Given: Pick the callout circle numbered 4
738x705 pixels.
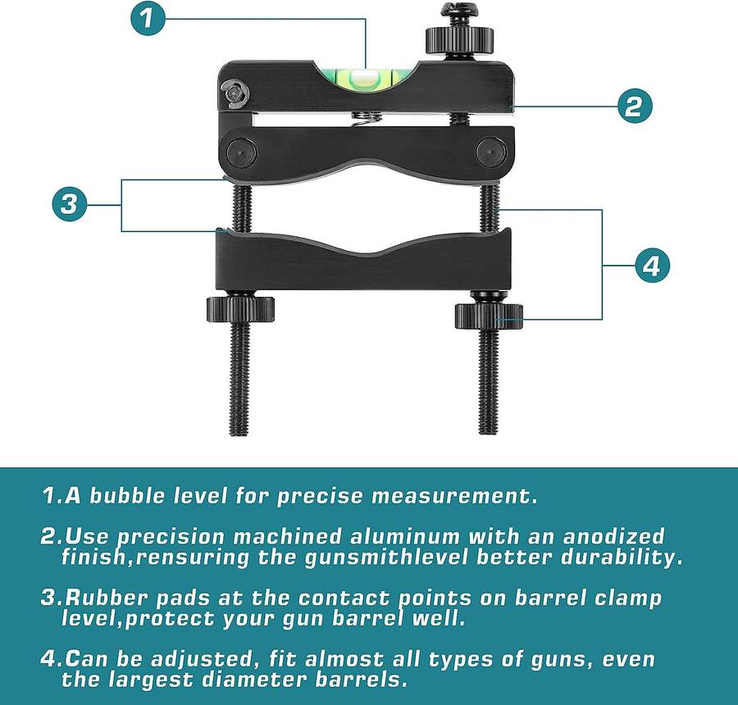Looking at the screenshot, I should click(x=650, y=266).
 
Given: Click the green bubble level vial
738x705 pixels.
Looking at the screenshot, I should click(x=364, y=79).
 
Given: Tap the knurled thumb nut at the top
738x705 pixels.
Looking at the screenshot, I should click(x=460, y=39).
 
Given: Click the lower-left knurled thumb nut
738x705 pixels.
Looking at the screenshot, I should click(x=240, y=309).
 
